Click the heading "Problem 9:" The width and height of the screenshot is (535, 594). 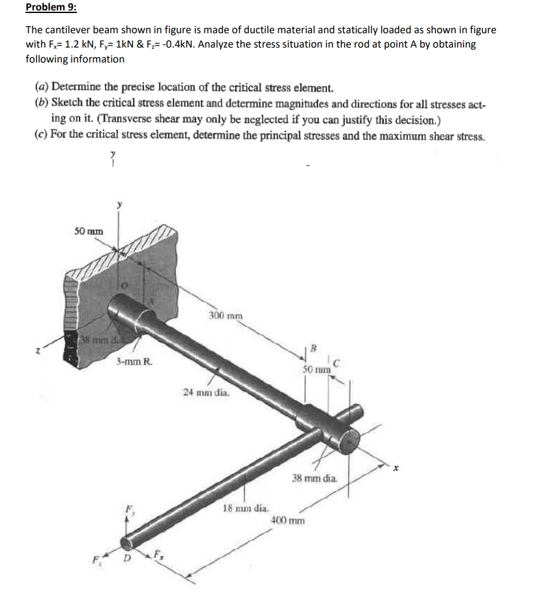point(51,8)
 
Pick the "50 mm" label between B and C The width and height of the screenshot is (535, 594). point(317,369)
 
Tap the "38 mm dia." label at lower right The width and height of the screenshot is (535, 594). point(315,477)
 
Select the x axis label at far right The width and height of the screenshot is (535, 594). point(393,467)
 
